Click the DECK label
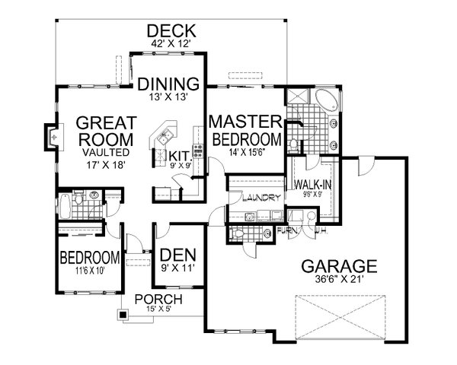click(x=171, y=30)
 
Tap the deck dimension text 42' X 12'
click(x=171, y=44)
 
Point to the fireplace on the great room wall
click(x=50, y=137)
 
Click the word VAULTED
click(x=107, y=152)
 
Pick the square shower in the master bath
click(x=296, y=97)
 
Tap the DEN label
click(x=175, y=256)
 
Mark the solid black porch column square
click(x=122, y=313)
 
